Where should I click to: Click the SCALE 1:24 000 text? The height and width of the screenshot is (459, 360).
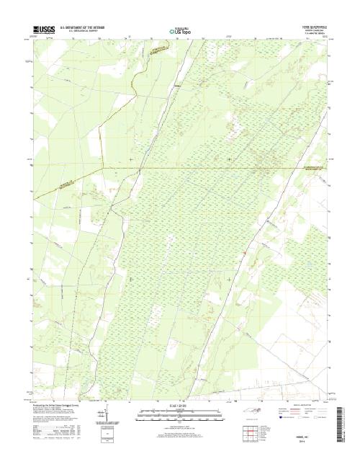point(180,407)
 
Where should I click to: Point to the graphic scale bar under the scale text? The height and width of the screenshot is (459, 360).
point(180,414)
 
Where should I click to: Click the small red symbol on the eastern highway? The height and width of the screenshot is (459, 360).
point(246,251)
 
